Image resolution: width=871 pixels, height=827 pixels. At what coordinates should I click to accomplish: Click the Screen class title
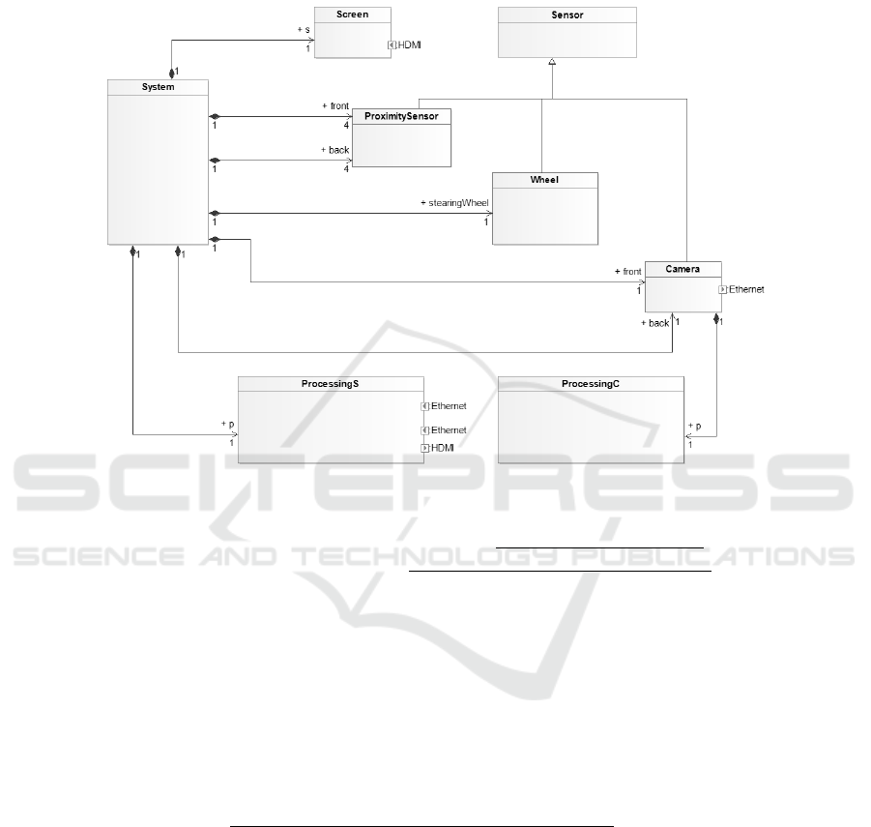(x=353, y=15)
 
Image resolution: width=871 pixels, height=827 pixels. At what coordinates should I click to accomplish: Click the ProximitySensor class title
(x=401, y=116)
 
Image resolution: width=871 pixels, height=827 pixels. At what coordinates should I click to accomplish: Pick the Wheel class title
(x=545, y=180)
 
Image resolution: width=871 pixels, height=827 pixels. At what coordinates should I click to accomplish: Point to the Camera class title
(x=682, y=268)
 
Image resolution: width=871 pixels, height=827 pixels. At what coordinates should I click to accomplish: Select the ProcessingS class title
(x=331, y=384)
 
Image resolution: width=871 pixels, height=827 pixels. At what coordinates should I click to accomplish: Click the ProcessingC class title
(x=591, y=384)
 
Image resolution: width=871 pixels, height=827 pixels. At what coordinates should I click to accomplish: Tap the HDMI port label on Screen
(x=412, y=44)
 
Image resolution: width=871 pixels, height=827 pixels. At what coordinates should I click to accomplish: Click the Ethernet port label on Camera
(x=746, y=289)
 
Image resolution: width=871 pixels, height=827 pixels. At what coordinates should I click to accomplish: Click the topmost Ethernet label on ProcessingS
(x=449, y=405)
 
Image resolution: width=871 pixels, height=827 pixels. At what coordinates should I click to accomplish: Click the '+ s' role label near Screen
(x=302, y=30)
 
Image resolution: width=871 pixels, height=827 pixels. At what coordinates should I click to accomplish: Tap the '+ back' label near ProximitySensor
(x=334, y=151)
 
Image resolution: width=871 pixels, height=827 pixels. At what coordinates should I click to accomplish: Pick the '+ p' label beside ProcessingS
(x=228, y=424)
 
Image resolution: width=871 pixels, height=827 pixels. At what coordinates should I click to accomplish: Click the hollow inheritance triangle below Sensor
(x=552, y=62)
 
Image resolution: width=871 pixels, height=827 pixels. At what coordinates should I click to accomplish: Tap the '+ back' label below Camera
(x=654, y=323)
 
